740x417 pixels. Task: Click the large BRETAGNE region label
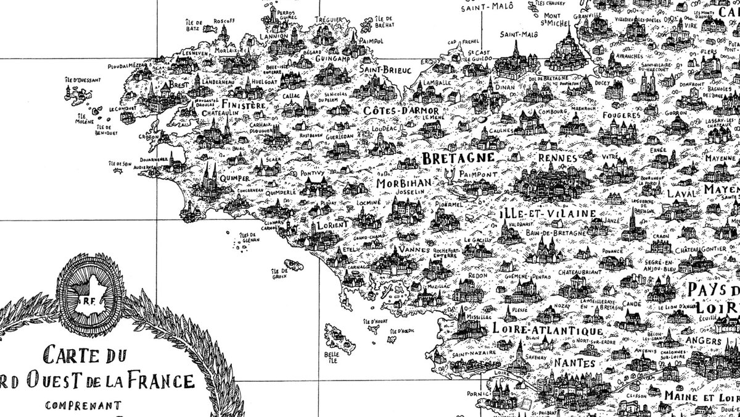pos(458,158)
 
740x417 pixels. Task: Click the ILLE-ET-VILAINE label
pos(548,214)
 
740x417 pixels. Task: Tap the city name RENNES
pos(557,158)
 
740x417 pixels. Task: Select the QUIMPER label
pos(230,179)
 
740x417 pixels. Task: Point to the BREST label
pos(179,84)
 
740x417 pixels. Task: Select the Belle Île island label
pos(332,357)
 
